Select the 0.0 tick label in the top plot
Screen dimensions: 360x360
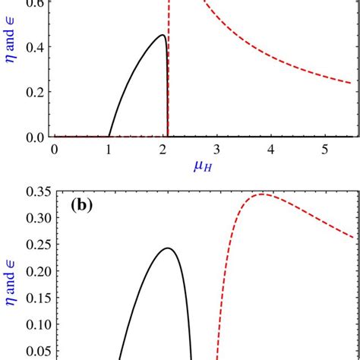(x=33, y=137)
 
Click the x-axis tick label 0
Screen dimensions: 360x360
(x=55, y=150)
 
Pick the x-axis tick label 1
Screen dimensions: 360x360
(x=109, y=150)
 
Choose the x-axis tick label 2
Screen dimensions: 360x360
(x=163, y=150)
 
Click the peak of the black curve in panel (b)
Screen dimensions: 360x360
(x=168, y=248)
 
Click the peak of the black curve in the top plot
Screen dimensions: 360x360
(x=161, y=35)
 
